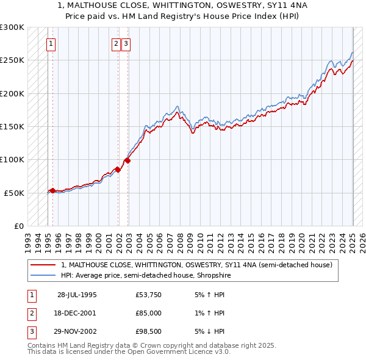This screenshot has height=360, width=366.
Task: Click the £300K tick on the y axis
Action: [x=12, y=27]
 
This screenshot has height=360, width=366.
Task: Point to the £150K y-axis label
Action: [x=12, y=126]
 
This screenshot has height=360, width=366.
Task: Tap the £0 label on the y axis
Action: [x=18, y=226]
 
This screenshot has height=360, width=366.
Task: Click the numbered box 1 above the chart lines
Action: [x=50, y=43]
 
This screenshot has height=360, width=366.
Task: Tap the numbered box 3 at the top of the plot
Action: [x=125, y=43]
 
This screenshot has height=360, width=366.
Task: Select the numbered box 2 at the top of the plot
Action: [x=116, y=43]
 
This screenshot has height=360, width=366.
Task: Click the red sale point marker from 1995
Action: [x=52, y=190]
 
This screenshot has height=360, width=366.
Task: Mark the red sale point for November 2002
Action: [x=127, y=160]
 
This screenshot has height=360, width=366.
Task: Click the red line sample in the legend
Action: [x=43, y=265]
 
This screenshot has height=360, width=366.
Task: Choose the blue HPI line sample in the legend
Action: [x=43, y=275]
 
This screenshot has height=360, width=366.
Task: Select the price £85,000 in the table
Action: [x=149, y=313]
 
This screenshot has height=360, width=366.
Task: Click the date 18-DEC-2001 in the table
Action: [x=76, y=313]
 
